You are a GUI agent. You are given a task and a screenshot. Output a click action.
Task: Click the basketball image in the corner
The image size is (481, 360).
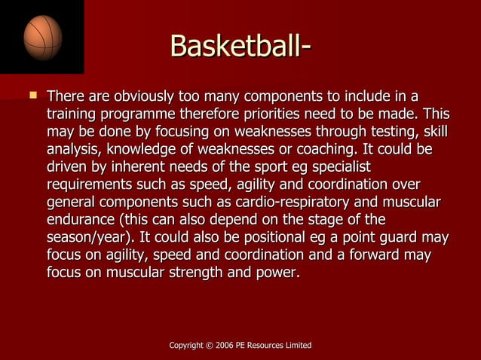click(x=42, y=37)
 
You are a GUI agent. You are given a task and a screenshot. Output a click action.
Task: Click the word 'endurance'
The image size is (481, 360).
click(x=80, y=219)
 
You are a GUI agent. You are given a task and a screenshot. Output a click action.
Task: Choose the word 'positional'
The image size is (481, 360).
click(x=275, y=237)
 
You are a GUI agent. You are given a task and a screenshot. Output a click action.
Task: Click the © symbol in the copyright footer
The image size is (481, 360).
click(x=207, y=345)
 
